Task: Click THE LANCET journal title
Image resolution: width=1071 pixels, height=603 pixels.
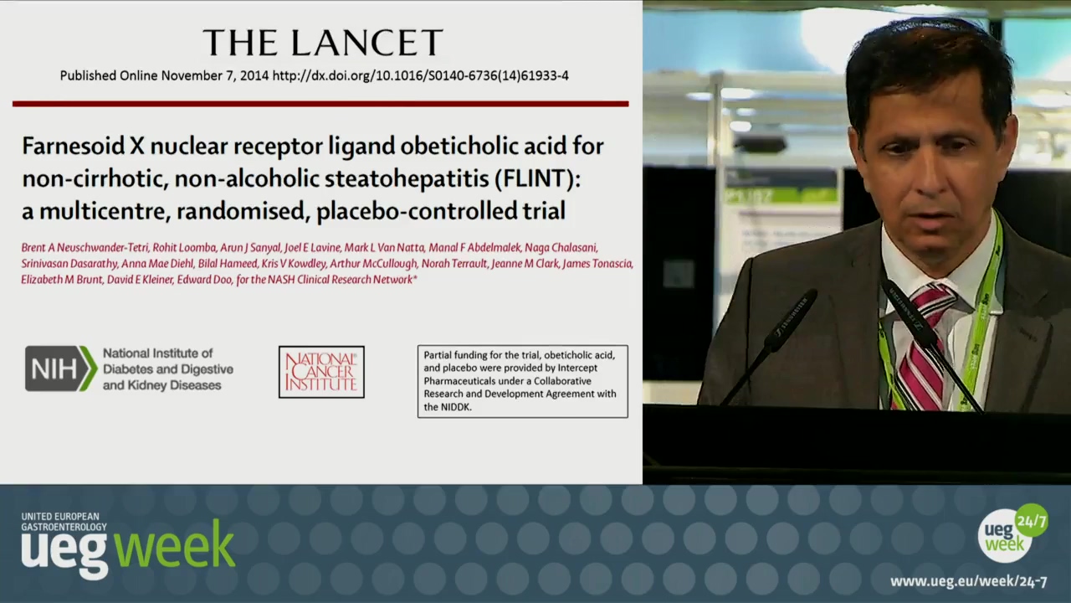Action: [323, 42]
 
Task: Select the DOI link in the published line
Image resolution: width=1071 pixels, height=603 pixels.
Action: [420, 75]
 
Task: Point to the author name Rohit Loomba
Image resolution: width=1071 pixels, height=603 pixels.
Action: [184, 248]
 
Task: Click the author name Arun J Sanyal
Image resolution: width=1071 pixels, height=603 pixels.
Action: [250, 248]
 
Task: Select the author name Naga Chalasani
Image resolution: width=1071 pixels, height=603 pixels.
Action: [561, 248]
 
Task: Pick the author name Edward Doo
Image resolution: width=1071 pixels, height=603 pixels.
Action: [204, 280]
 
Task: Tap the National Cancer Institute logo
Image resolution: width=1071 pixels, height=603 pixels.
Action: [321, 372]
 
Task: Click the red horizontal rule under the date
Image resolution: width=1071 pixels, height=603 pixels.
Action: [320, 103]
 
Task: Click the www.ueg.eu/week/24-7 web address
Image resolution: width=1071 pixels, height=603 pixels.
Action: [968, 581]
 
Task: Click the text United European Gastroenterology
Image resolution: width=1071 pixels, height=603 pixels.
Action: [64, 522]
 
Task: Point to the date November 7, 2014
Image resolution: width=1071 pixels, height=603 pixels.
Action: [215, 75]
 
